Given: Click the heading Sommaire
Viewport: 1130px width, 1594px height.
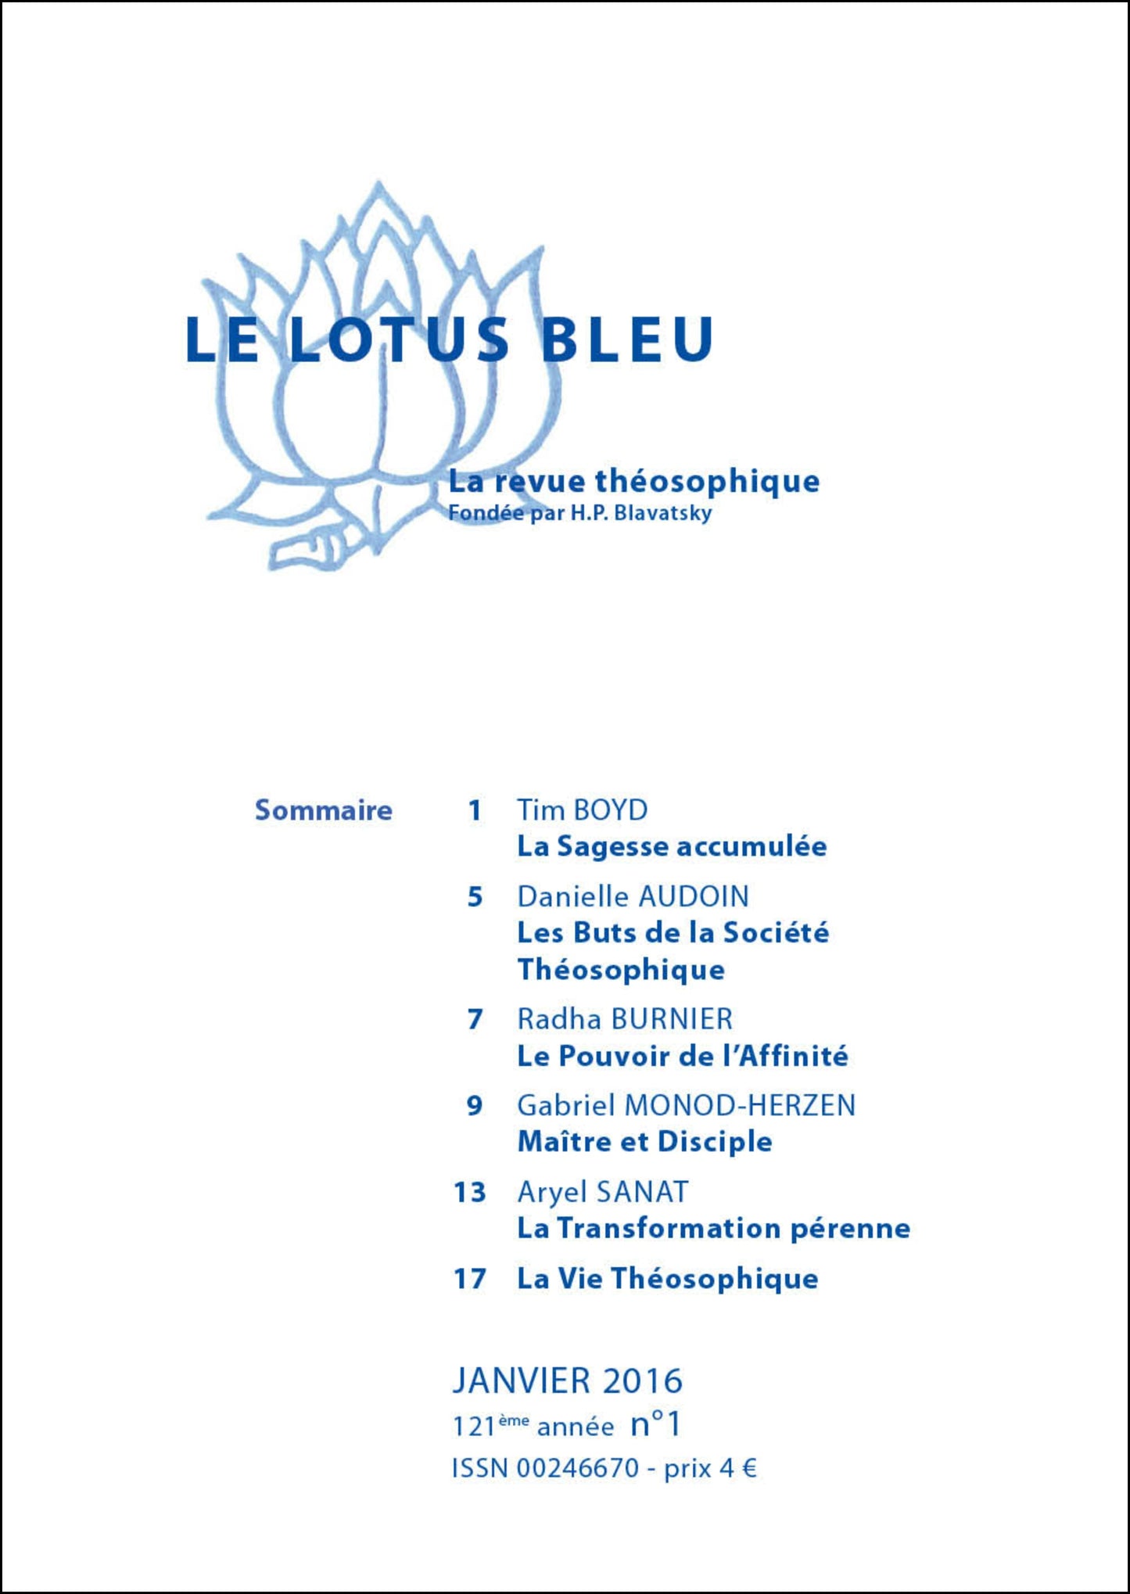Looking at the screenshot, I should tap(323, 810).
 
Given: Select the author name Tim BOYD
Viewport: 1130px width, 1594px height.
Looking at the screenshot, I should tap(582, 810).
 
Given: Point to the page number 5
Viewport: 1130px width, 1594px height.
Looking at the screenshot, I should tap(475, 896).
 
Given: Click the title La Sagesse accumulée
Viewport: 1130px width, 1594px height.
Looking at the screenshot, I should tap(672, 846).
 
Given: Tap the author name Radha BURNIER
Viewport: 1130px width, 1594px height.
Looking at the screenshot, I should tap(625, 1019).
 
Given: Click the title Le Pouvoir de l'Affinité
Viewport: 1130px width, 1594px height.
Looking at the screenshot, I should tap(683, 1056).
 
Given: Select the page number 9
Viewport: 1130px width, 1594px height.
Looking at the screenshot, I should tap(475, 1106).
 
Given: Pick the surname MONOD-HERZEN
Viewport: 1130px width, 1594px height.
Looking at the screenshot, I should tap(740, 1106).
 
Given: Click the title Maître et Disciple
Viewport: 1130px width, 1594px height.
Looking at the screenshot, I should tap(644, 1142).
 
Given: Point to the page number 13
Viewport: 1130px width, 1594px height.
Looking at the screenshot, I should tap(470, 1193).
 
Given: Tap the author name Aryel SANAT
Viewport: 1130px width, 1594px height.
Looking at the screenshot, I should tap(602, 1193).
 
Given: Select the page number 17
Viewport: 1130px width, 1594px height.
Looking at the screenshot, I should tap(470, 1279).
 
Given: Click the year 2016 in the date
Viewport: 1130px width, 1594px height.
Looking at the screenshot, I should tap(643, 1380).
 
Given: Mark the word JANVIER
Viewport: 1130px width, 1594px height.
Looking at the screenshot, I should tap(521, 1380).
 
